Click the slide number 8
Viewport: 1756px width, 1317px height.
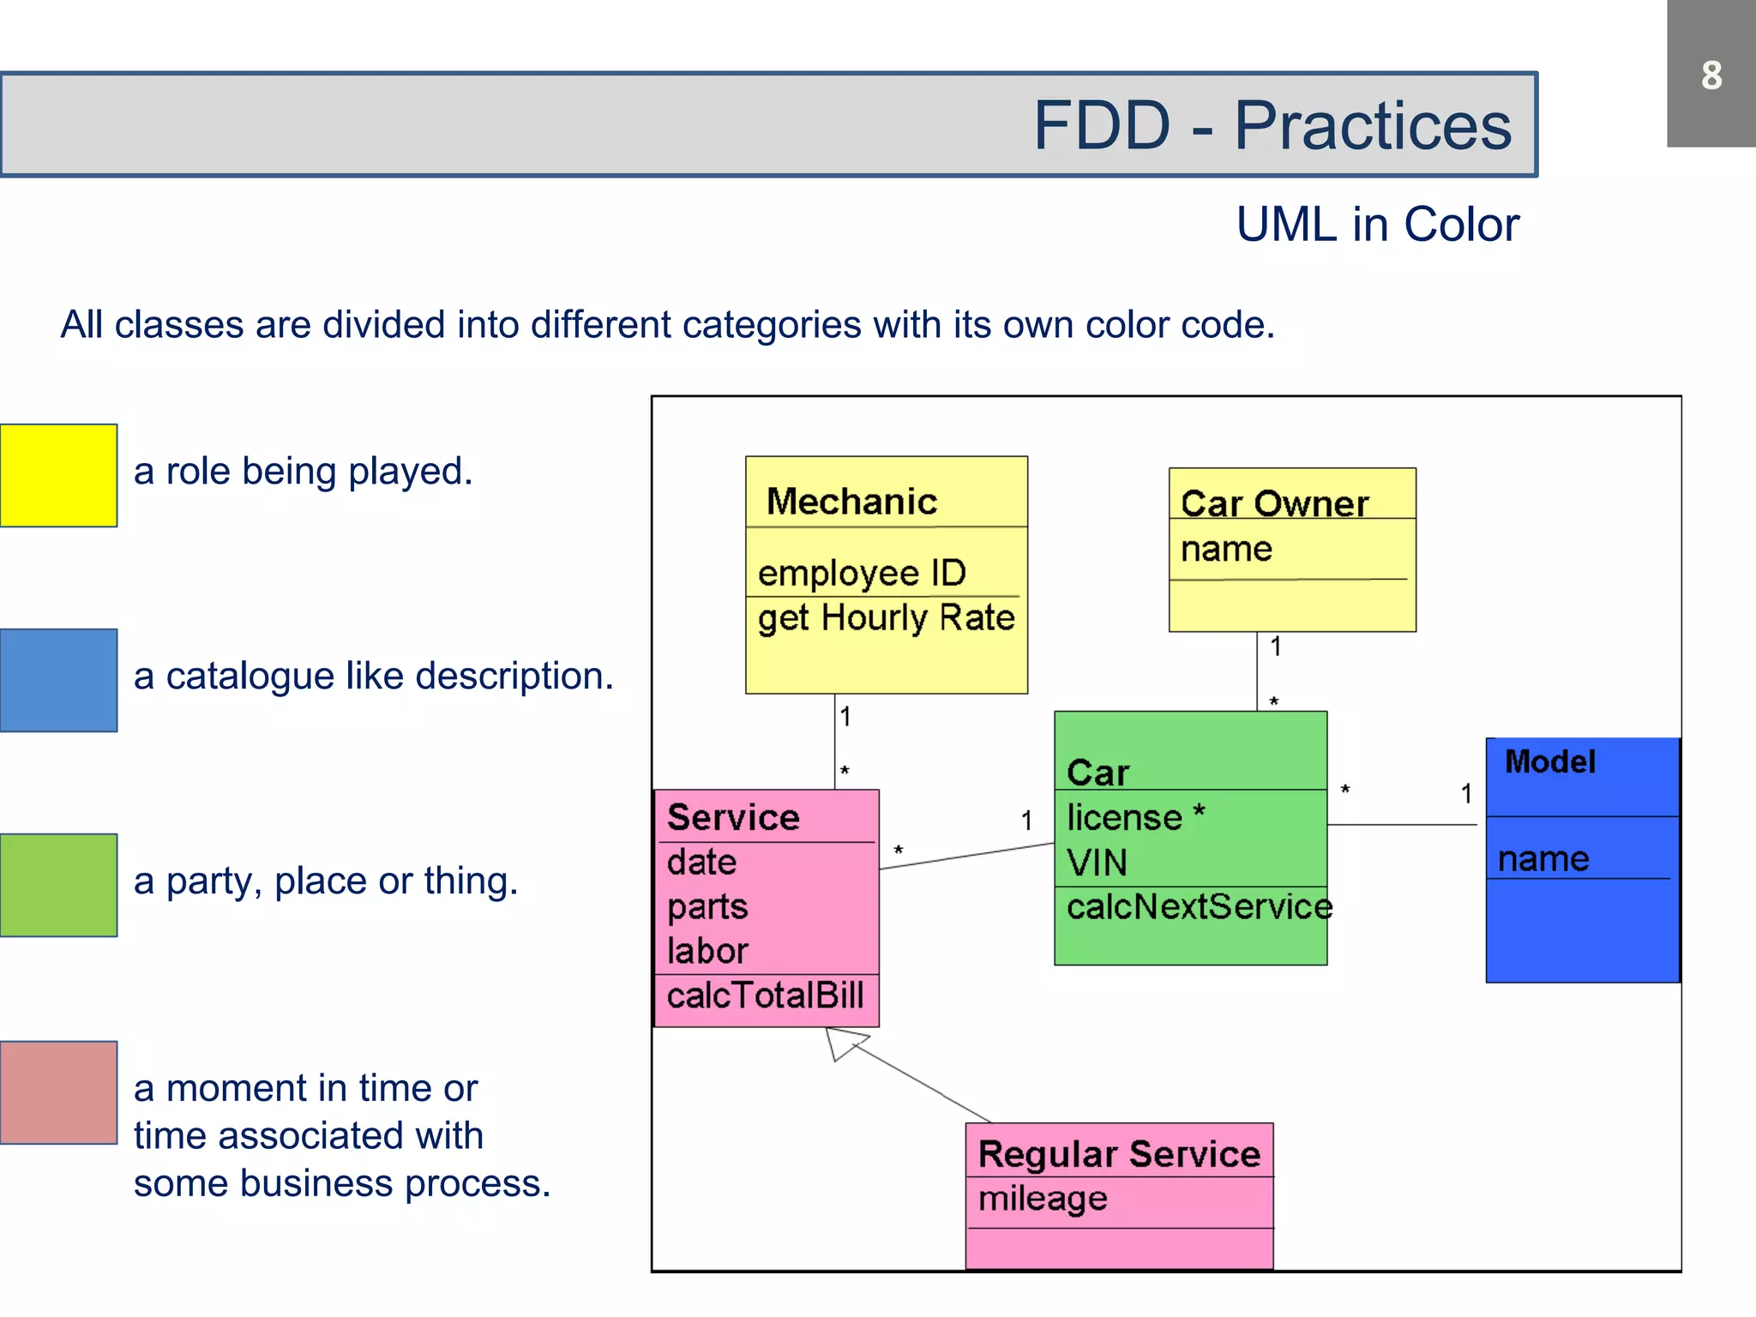[1711, 75]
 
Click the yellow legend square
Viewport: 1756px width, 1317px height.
[58, 475]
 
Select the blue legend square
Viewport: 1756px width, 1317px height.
[58, 680]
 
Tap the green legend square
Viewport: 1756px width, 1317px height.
[58, 885]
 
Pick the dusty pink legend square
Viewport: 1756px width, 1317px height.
[58, 1092]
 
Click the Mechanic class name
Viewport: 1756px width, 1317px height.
[851, 502]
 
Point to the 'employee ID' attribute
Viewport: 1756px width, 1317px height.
[862, 573]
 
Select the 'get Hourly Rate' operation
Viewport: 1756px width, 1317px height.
[886, 618]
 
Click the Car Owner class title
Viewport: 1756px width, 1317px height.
[1274, 503]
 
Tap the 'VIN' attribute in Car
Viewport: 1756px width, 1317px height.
[1097, 863]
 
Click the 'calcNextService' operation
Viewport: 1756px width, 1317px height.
[1199, 907]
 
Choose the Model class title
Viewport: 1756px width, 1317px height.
[1550, 761]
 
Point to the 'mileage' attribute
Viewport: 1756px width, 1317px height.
[1043, 1199]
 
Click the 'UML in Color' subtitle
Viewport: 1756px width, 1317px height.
[1377, 226]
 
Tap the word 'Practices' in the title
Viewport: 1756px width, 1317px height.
[1372, 126]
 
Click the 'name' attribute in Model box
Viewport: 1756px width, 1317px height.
[1543, 859]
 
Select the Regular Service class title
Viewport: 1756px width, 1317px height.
[1119, 1154]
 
